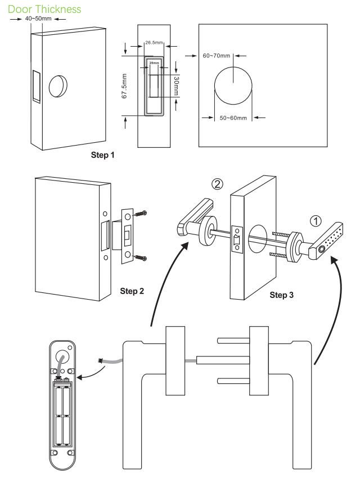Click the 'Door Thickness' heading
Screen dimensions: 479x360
[44, 9]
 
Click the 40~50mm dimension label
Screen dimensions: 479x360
[38, 19]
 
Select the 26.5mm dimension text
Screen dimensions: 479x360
[153, 43]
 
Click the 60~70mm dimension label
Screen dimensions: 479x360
[217, 55]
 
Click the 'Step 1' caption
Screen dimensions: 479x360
[102, 155]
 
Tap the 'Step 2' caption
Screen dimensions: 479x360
[132, 291]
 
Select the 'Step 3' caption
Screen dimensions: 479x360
[282, 295]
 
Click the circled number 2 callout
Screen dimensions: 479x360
[217, 184]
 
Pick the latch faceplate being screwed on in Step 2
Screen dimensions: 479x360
[128, 236]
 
